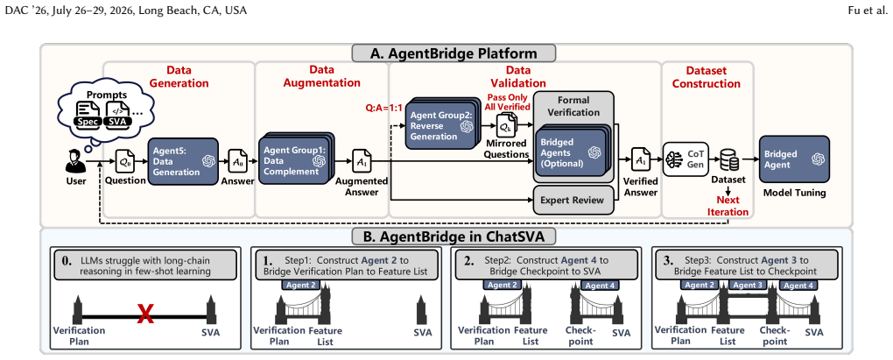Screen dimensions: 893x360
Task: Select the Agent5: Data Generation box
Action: pyautogui.click(x=183, y=161)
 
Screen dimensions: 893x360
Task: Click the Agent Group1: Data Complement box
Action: pyautogui.click(x=294, y=159)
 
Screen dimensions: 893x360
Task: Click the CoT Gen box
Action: pyautogui.click(x=686, y=159)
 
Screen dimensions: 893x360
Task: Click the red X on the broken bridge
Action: pyautogui.click(x=146, y=314)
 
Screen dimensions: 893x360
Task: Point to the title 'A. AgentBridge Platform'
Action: pyautogui.click(x=454, y=53)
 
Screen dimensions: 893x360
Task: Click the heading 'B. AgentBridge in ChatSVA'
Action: pyautogui.click(x=454, y=236)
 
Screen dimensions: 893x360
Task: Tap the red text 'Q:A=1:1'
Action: pyautogui.click(x=384, y=107)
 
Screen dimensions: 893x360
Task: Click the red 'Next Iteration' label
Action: pyautogui.click(x=732, y=206)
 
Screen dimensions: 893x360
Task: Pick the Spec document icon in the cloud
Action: pyautogui.click(x=89, y=114)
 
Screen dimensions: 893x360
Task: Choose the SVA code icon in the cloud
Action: pyautogui.click(x=118, y=114)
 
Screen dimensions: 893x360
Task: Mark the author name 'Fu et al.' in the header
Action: pyautogui.click(x=870, y=11)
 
